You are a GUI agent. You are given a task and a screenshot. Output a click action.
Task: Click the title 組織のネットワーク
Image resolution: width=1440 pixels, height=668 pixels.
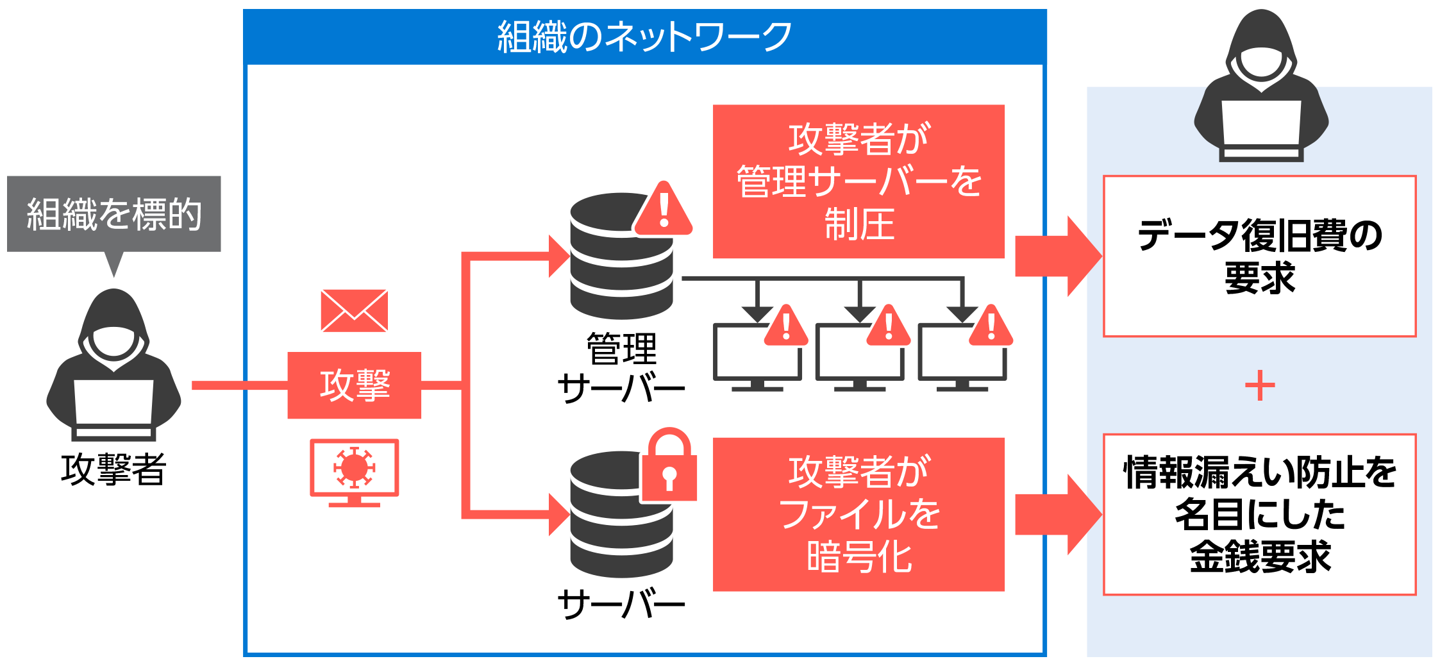[x=644, y=37]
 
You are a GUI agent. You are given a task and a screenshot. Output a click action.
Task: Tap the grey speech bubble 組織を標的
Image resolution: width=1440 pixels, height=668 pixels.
[x=114, y=214]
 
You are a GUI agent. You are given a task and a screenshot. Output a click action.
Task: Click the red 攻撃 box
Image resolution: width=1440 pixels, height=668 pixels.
[x=355, y=385]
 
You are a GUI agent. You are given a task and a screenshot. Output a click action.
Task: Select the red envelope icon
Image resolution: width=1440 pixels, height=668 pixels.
[x=354, y=311]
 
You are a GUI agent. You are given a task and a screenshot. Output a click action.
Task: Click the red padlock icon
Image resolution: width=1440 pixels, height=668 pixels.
[x=669, y=466]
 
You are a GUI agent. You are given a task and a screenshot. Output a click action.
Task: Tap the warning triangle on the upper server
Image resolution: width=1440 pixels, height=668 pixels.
[x=664, y=210]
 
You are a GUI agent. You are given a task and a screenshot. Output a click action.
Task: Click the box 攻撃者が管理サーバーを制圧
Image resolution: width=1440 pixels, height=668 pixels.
[x=858, y=182]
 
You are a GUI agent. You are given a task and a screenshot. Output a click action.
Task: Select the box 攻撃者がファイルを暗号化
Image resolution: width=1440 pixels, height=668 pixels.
[x=858, y=514]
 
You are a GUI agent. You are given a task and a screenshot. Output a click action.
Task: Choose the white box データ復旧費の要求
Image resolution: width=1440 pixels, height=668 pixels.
[x=1259, y=256]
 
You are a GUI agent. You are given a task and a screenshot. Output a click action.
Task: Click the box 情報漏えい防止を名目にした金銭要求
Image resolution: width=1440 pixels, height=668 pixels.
[x=1259, y=515]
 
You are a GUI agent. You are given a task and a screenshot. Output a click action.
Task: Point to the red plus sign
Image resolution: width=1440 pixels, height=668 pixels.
[x=1260, y=385]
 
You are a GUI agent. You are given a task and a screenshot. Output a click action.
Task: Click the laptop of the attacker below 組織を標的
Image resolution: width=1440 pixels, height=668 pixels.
[x=113, y=405]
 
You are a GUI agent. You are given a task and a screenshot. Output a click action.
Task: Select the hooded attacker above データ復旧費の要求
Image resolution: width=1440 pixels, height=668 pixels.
[x=1261, y=87]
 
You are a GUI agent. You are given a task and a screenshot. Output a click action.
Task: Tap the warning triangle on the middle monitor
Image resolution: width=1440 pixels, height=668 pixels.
[x=889, y=327]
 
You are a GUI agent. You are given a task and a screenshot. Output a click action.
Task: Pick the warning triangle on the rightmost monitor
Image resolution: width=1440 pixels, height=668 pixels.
[x=991, y=327]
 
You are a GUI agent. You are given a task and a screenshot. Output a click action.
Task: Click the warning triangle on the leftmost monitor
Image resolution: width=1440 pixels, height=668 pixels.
[x=786, y=327]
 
